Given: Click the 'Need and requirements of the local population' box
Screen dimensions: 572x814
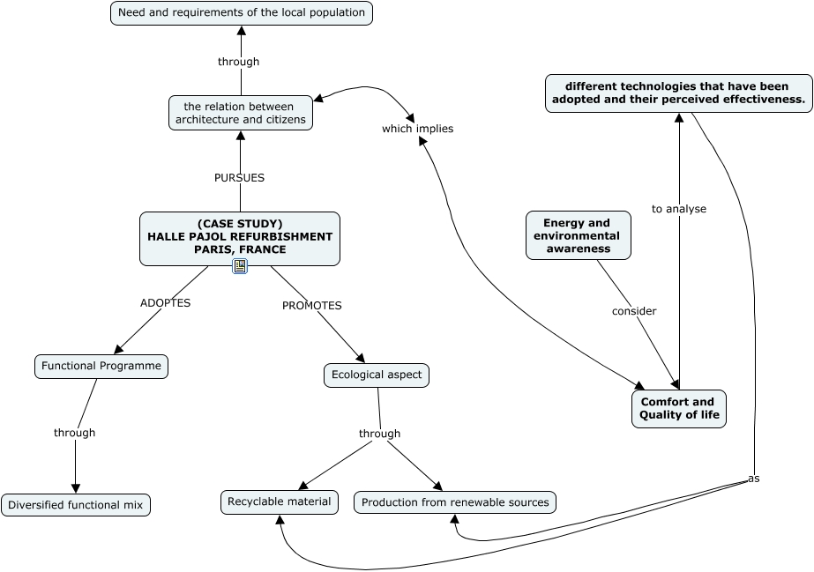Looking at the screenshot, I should [x=241, y=13].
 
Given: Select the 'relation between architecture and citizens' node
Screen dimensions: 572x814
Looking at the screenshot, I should [x=241, y=113].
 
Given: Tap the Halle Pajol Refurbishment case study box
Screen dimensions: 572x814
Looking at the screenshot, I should [x=240, y=237].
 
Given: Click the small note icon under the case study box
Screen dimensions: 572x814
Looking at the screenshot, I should [x=240, y=266].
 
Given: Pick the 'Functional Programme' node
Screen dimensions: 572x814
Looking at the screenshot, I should [x=101, y=366].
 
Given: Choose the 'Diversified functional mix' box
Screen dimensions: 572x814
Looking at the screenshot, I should [x=76, y=505].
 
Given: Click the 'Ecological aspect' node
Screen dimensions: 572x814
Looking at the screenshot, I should [x=377, y=375].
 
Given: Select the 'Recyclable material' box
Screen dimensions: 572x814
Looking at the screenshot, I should [x=280, y=502].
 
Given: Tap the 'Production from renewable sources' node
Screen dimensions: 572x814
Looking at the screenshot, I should [x=455, y=502].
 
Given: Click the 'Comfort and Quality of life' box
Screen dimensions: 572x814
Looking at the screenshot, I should [x=678, y=409].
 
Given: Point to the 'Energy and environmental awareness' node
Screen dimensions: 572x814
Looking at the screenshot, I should [x=579, y=235].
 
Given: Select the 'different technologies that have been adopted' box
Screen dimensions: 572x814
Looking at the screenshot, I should [x=678, y=93].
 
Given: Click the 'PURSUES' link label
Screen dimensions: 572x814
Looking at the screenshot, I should [x=239, y=177].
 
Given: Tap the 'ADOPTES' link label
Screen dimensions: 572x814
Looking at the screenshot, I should [x=165, y=302].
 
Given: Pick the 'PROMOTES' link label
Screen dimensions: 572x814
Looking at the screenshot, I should [x=311, y=305].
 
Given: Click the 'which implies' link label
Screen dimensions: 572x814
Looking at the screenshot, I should [x=417, y=129].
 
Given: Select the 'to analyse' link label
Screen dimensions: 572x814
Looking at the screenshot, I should [x=679, y=209].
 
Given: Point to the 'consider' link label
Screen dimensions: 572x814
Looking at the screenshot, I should [x=634, y=311].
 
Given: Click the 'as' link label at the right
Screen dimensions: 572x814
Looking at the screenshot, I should [x=753, y=479].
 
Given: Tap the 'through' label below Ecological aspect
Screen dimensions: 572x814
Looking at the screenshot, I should [x=379, y=434].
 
